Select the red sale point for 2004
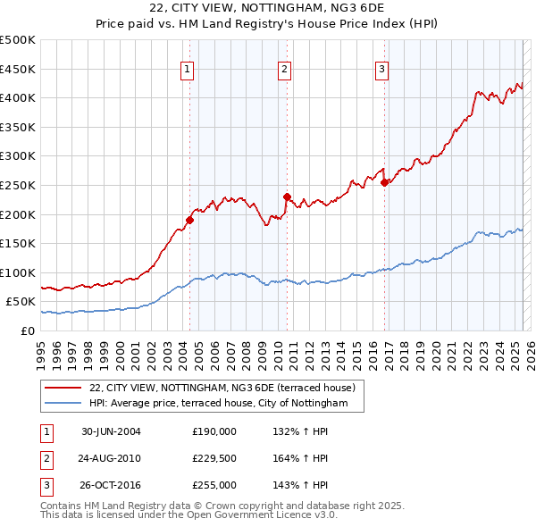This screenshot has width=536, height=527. (190, 219)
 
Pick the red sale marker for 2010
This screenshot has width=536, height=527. (287, 197)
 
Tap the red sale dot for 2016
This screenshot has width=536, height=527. (384, 182)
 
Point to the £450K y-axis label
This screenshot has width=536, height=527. (18, 69)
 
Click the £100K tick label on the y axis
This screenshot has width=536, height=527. (18, 272)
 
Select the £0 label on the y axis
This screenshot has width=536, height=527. (29, 330)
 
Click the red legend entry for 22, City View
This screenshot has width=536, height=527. (222, 388)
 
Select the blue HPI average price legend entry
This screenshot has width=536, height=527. (223, 404)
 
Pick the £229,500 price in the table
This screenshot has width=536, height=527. (214, 458)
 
